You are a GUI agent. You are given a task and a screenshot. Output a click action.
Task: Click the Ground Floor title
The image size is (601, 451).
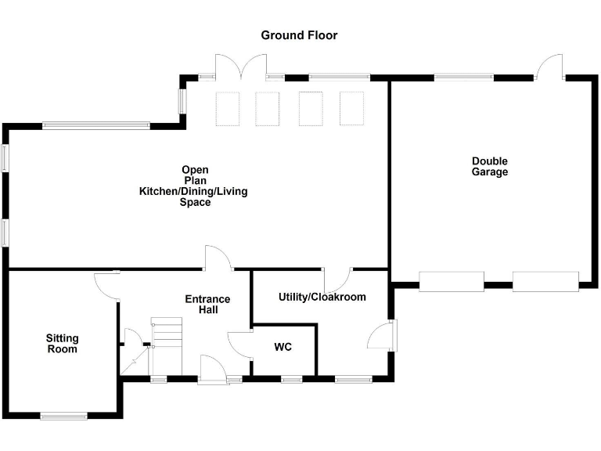pos(299,35)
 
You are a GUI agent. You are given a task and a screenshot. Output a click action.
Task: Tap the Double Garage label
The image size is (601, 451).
pos(489,167)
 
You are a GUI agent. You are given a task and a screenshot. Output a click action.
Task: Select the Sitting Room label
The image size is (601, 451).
pos(62,344)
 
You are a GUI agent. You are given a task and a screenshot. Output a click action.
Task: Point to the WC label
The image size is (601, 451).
pos(283,347)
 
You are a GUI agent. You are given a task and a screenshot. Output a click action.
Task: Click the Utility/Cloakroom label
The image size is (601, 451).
pos(322,298)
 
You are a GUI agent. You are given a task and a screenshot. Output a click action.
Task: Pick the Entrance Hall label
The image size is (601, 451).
pos(207,304)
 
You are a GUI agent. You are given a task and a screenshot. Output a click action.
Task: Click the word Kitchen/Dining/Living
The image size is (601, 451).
pos(193,191)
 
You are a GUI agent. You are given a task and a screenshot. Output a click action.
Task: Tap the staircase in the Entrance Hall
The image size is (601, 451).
pos(167,346)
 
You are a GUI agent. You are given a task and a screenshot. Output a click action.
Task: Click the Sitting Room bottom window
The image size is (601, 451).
pos(64,416)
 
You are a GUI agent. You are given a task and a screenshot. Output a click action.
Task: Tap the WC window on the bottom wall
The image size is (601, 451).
pos(292,379)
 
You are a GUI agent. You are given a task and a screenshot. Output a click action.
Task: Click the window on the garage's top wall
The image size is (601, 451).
pos(464,78)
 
